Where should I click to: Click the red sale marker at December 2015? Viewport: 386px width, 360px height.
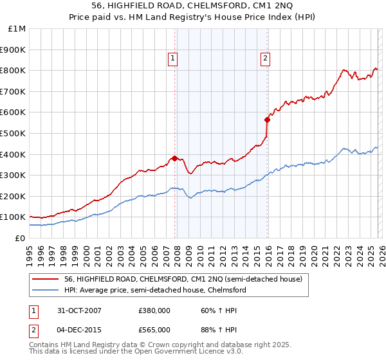point(266,120)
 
